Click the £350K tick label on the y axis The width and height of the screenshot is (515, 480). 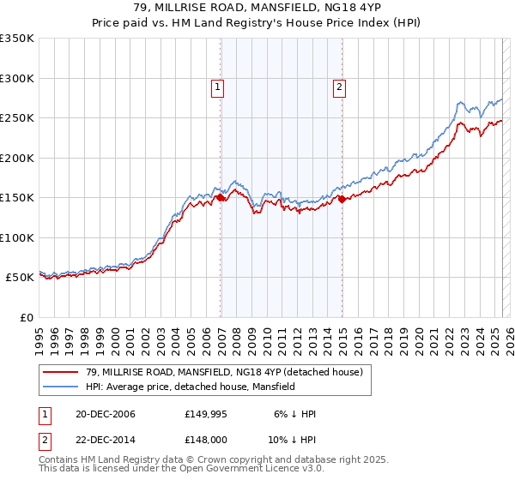[x=17, y=39]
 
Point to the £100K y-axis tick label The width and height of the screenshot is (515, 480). [x=17, y=237]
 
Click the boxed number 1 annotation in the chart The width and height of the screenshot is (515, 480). [x=217, y=86]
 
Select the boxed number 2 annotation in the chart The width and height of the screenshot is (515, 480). [x=340, y=86]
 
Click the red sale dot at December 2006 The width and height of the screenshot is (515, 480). [x=221, y=198]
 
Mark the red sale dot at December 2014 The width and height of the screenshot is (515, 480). [x=342, y=199]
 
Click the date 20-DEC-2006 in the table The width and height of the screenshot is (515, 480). [x=105, y=414]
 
